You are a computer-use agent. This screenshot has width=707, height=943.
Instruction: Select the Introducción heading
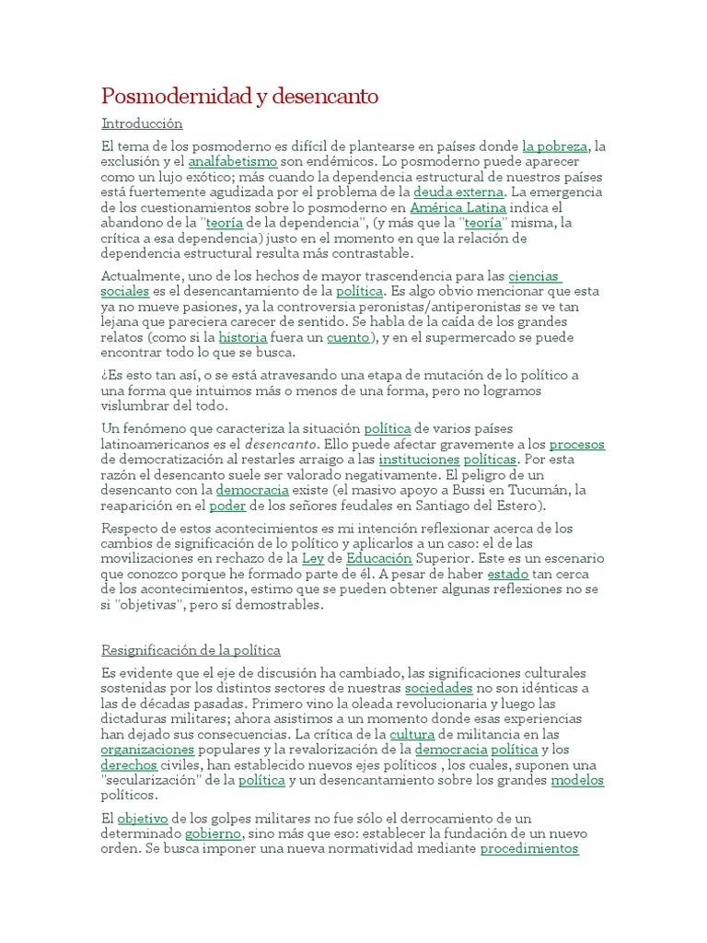click(x=142, y=123)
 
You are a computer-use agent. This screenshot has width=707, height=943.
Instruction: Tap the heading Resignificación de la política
click(x=191, y=650)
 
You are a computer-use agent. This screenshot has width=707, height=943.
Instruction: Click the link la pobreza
click(x=554, y=146)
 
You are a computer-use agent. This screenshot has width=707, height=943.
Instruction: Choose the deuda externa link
click(x=458, y=192)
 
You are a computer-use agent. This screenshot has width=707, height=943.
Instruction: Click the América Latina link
click(x=458, y=207)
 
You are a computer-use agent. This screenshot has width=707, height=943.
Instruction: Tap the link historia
click(x=242, y=337)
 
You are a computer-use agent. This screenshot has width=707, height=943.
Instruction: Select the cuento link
click(x=347, y=337)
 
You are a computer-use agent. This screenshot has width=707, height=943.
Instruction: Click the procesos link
click(x=576, y=444)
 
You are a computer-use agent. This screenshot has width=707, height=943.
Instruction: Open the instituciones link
click(x=418, y=459)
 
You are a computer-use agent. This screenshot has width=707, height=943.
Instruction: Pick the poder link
click(x=227, y=506)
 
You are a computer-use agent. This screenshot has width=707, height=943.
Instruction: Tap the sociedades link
click(x=438, y=688)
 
